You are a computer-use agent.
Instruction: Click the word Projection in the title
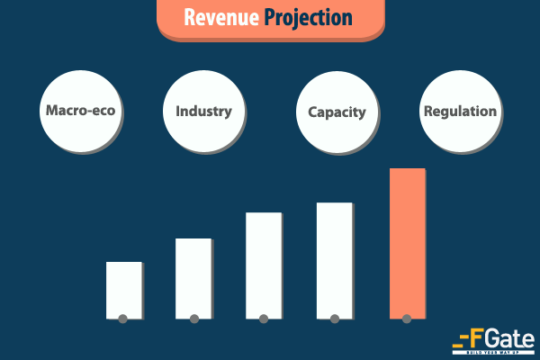pos(309,18)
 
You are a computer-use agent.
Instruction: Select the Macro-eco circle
pos(81,112)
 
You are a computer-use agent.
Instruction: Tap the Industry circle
pos(203,112)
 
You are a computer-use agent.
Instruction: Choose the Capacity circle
pos(337,113)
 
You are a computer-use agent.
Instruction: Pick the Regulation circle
pos(459,112)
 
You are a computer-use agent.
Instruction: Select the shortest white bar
pos(123,288)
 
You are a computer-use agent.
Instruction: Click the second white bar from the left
pos(193,276)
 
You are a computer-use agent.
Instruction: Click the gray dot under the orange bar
pos(407,319)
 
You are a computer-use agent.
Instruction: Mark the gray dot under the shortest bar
pos(123,319)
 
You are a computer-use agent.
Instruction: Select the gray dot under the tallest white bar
pos(335,319)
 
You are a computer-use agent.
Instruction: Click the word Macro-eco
pos(81,112)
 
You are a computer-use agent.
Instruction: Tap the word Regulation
pos(459,112)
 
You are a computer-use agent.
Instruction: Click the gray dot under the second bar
pos(194,319)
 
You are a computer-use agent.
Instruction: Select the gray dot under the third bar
pos(264,319)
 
